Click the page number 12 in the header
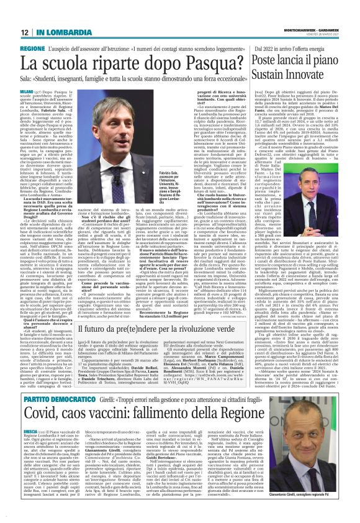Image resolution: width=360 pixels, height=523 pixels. coord(24,32)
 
